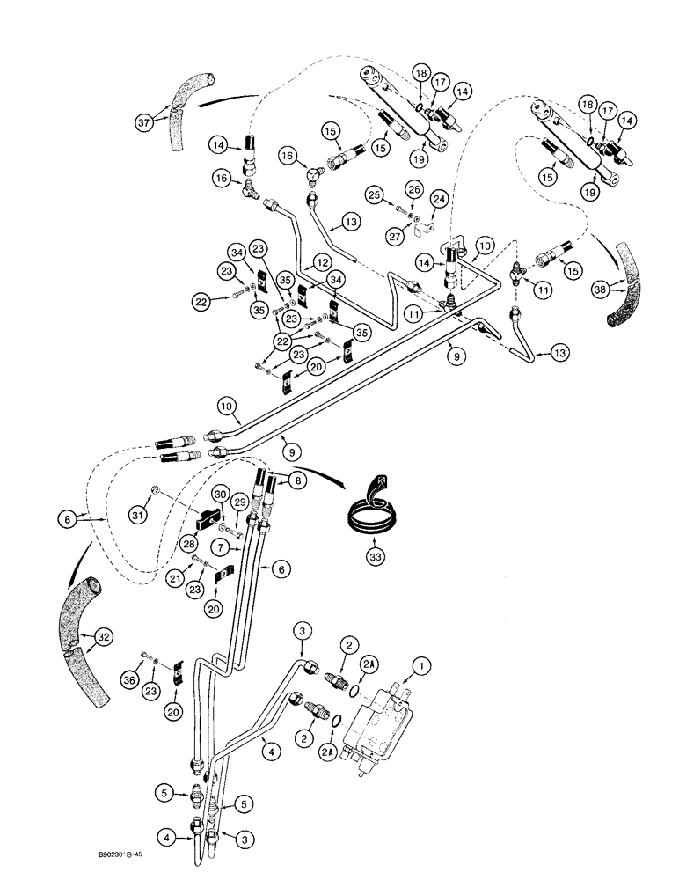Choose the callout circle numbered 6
tap(282, 569)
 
